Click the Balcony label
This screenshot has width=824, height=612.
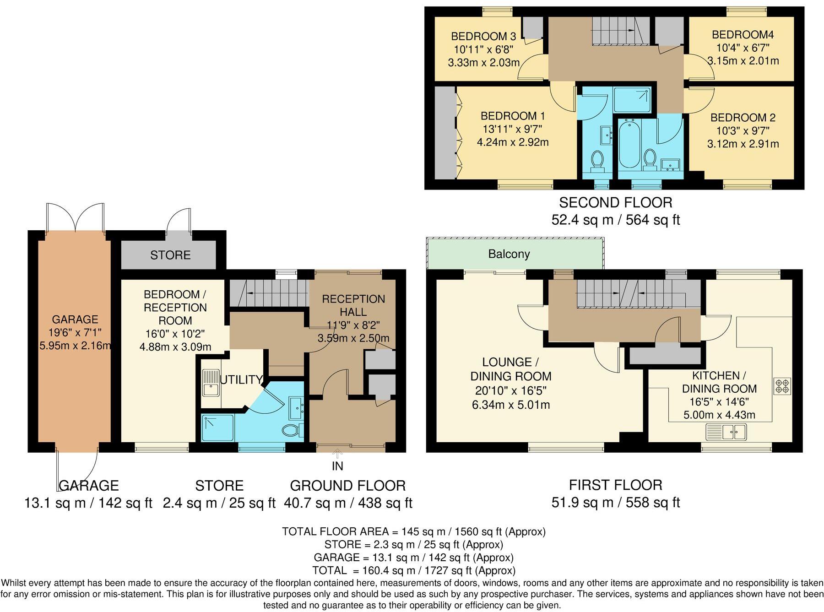click(509, 254)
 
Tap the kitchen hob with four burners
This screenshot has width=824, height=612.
click(782, 386)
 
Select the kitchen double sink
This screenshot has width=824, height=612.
click(726, 432)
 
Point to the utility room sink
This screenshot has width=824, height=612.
click(211, 383)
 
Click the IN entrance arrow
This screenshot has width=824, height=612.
click(337, 454)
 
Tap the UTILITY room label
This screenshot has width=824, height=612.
click(241, 379)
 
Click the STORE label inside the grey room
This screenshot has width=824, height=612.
click(170, 255)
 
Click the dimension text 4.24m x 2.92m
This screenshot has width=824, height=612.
click(512, 142)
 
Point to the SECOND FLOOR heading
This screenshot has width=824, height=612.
click(615, 202)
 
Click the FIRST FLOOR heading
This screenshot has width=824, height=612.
click(615, 485)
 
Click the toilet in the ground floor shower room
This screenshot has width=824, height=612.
click(292, 430)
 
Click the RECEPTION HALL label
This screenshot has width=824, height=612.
click(353, 305)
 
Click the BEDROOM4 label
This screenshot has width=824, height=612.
click(743, 34)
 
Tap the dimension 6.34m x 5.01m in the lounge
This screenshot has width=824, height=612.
click(510, 405)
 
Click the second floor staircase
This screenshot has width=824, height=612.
click(620, 31)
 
